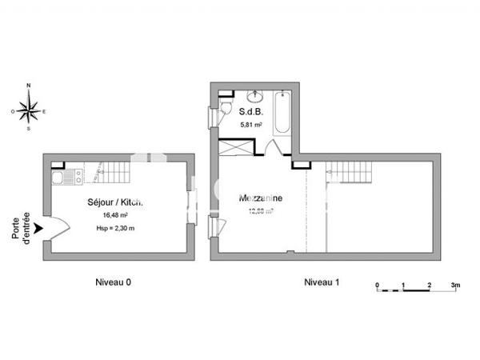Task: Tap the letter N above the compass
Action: (30, 85)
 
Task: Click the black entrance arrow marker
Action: (38, 230)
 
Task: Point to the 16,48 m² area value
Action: (115, 215)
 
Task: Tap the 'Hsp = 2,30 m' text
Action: (115, 229)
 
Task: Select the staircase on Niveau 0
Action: (114, 172)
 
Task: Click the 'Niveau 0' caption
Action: (114, 282)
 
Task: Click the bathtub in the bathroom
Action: (282, 114)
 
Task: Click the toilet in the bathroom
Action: (227, 109)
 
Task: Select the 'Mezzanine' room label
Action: (260, 198)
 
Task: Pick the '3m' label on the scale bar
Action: (455, 285)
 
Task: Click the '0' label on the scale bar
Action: (377, 285)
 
